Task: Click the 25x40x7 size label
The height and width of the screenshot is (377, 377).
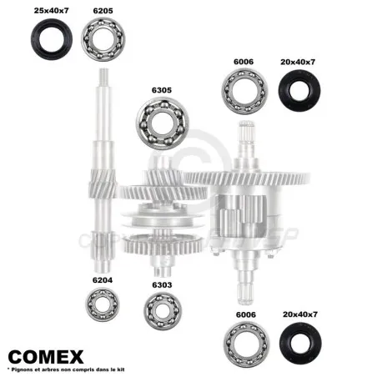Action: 51,11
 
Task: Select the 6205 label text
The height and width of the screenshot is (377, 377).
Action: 103,11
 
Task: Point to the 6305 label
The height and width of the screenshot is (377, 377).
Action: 162,90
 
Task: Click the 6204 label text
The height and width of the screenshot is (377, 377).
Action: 103,280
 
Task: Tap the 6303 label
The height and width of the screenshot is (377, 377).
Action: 162,285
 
